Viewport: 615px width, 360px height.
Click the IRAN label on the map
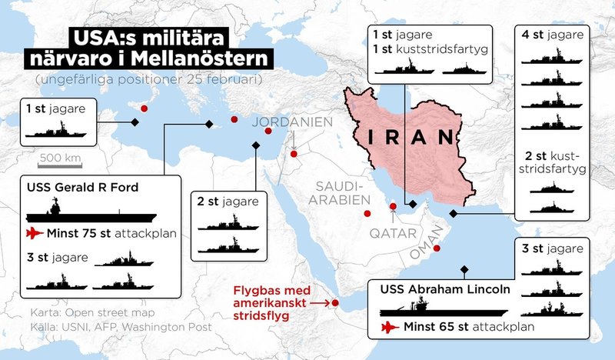pos(408,138)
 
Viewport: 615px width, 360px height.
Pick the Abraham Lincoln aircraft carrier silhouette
pos(444,310)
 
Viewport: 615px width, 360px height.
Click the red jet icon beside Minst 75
pos(35,233)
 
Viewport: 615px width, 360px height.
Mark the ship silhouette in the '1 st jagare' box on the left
pos(58,130)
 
